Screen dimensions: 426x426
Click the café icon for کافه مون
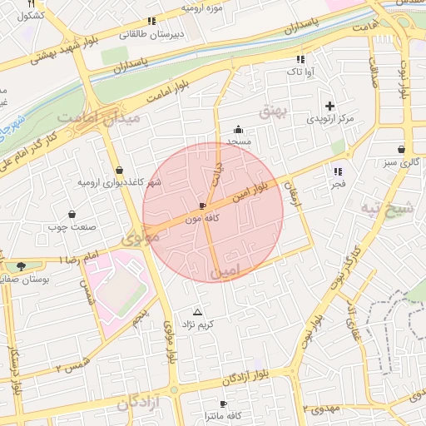pos(203,205)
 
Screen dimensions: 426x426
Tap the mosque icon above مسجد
pos(239,129)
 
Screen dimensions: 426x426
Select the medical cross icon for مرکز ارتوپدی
pos(330,106)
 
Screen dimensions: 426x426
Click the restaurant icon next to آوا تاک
pos(300,59)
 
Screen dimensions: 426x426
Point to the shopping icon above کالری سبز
pos(402,150)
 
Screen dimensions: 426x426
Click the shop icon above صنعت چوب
pos(72,214)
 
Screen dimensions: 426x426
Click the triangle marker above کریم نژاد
pos(197,311)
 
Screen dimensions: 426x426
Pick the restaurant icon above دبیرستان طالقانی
pos(151,21)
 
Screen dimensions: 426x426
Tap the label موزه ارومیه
pos(204,7)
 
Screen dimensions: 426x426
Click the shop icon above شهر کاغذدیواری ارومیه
pos(119,170)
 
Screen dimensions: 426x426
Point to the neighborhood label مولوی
pos(140,238)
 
